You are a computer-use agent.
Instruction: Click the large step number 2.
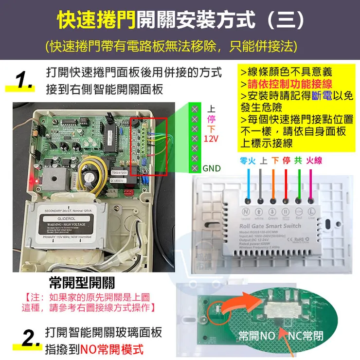coord(23,338)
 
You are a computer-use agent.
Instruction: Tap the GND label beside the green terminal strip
coord(211,169)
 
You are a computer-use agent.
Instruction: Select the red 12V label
coord(211,139)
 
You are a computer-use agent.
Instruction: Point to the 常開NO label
coord(257,336)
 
